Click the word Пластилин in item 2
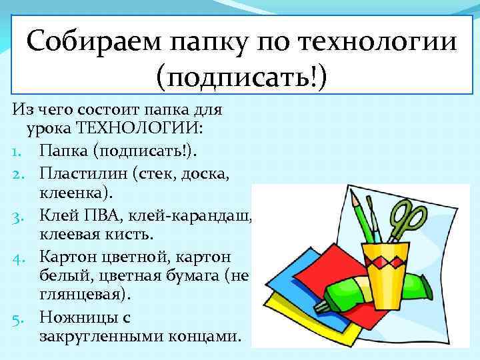[83, 174]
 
